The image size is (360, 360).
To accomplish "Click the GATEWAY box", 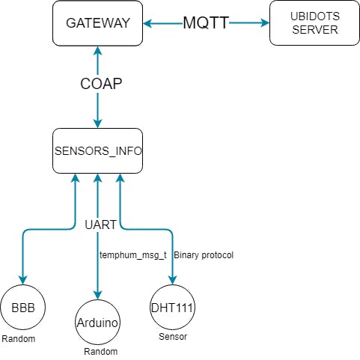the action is coord(97,23).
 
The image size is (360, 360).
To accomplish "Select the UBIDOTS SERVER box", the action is coord(314,23).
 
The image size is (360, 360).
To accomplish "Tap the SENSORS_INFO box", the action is coord(97,151).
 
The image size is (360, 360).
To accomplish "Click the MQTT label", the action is coord(206,23).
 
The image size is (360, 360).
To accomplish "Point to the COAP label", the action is coord(101,84).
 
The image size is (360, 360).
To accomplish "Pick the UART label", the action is coord(100,225).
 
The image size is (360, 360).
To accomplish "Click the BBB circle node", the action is coord(23,307).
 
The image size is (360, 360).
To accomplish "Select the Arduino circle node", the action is coord(97,322).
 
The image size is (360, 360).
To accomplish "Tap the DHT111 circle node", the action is coord(172,307).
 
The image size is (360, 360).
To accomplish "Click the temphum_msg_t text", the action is coord(133,255).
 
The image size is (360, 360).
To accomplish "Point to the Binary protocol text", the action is coord(204,255).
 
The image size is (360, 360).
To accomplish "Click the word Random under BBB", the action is coord(19,339).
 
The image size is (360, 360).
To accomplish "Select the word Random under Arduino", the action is coord(101,352).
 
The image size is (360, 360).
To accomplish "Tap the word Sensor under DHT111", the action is coord(173,337).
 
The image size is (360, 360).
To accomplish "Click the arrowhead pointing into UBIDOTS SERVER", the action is coord(264,23).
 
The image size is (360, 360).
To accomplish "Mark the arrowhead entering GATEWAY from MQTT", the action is coord(148,24).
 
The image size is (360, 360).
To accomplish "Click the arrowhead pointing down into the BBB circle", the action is coord(23,280).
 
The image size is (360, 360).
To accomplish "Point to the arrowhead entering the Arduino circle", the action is coord(97,295).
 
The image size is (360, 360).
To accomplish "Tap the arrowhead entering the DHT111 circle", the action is coord(172,280).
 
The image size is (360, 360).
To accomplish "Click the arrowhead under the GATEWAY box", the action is coord(97,52).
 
